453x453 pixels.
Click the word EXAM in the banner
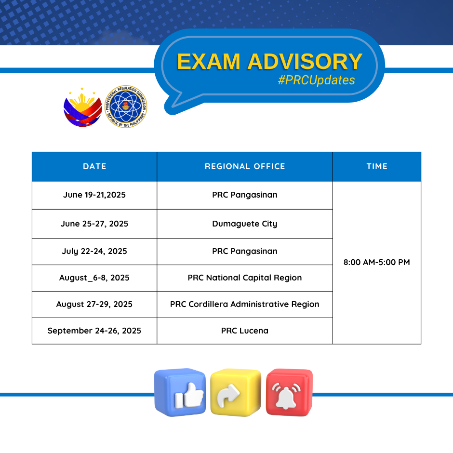(x=209, y=62)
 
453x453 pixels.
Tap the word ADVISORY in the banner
(x=305, y=62)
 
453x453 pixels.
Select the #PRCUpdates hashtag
(x=316, y=80)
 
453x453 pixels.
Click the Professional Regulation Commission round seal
(x=126, y=107)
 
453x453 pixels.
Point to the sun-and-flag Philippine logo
(x=82, y=107)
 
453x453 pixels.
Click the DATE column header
(x=94, y=166)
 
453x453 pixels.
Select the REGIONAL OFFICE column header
(x=245, y=166)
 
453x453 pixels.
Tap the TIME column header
(x=377, y=166)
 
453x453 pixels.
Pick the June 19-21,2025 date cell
(x=94, y=195)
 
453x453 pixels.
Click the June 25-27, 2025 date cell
(x=94, y=224)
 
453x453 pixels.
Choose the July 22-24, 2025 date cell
(x=94, y=251)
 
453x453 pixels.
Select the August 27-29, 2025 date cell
(x=94, y=304)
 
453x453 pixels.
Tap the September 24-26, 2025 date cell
(x=94, y=331)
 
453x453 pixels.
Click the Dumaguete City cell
(x=245, y=224)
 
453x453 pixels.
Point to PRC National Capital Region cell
(x=245, y=278)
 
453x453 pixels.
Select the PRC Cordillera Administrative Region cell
(x=245, y=304)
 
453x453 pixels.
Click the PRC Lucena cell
(x=245, y=331)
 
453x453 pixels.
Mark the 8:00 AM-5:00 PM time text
(x=377, y=262)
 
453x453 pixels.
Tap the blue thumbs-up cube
(x=180, y=392)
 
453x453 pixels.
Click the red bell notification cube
(x=289, y=392)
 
